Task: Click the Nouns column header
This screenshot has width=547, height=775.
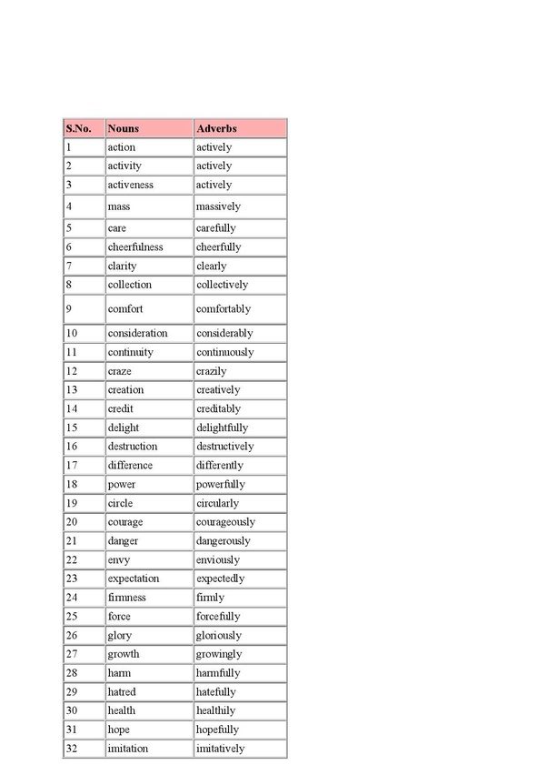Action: pyautogui.click(x=123, y=128)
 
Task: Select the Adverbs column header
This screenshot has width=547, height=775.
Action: pyautogui.click(x=217, y=128)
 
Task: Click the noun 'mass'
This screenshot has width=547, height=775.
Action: pyautogui.click(x=119, y=206)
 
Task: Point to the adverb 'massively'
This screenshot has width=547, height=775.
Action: pyautogui.click(x=218, y=206)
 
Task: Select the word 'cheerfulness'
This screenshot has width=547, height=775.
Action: pyautogui.click(x=135, y=247)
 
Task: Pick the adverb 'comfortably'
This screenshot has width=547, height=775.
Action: pyautogui.click(x=223, y=308)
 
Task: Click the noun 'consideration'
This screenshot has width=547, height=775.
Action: pyautogui.click(x=137, y=333)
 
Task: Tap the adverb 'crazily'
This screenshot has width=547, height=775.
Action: pyautogui.click(x=212, y=371)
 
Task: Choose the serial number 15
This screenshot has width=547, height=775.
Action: pyautogui.click(x=72, y=428)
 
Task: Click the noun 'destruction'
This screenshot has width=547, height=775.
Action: pyautogui.click(x=133, y=447)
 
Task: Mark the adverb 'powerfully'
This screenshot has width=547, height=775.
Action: pyautogui.click(x=221, y=485)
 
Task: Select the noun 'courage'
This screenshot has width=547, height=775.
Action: pyautogui.click(x=125, y=522)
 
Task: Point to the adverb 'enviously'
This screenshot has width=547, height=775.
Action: pyautogui.click(x=218, y=560)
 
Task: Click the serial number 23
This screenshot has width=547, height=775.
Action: pyautogui.click(x=72, y=579)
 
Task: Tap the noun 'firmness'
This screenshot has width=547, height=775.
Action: pyautogui.click(x=126, y=598)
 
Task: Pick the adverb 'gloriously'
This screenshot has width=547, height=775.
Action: pyautogui.click(x=219, y=636)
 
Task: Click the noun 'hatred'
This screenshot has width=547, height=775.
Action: pyautogui.click(x=122, y=692)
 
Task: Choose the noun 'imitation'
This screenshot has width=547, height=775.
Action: pyautogui.click(x=128, y=749)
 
